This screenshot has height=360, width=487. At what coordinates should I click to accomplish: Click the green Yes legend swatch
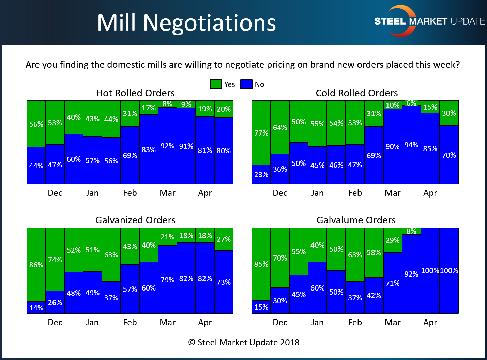tap(216, 84)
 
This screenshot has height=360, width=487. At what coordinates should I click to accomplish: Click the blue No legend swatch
tap(246, 84)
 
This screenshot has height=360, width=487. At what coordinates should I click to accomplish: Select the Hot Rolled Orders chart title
tap(135, 93)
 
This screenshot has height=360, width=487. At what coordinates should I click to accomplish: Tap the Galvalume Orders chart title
tap(356, 220)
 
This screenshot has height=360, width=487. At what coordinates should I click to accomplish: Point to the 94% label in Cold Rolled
tap(411, 145)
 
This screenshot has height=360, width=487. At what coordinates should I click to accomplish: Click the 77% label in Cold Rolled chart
tap(261, 133)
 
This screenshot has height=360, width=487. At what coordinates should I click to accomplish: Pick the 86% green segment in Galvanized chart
tap(36, 265)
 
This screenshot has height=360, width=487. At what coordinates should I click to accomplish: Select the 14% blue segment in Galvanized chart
tap(36, 308)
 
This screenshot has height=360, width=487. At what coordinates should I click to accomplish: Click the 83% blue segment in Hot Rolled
tap(149, 150)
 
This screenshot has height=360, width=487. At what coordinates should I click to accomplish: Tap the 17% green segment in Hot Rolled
tap(149, 108)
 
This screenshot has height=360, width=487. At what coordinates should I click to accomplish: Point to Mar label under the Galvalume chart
tap(393, 322)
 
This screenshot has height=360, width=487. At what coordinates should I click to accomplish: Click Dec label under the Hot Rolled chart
tap(55, 193)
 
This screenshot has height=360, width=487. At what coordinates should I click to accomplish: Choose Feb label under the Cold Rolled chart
tap(355, 193)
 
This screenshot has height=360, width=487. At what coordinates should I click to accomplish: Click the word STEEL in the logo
tap(390, 21)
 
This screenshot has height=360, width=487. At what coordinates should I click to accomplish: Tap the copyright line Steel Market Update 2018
tap(244, 342)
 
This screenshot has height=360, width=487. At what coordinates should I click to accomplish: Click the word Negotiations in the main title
tap(209, 23)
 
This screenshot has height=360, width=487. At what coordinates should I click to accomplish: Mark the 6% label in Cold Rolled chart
tap(411, 103)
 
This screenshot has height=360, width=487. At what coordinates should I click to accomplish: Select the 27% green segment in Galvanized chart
tap(224, 239)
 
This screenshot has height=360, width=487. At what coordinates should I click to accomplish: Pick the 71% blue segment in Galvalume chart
tap(393, 283)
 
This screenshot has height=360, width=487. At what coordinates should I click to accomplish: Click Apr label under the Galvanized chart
tap(205, 322)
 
